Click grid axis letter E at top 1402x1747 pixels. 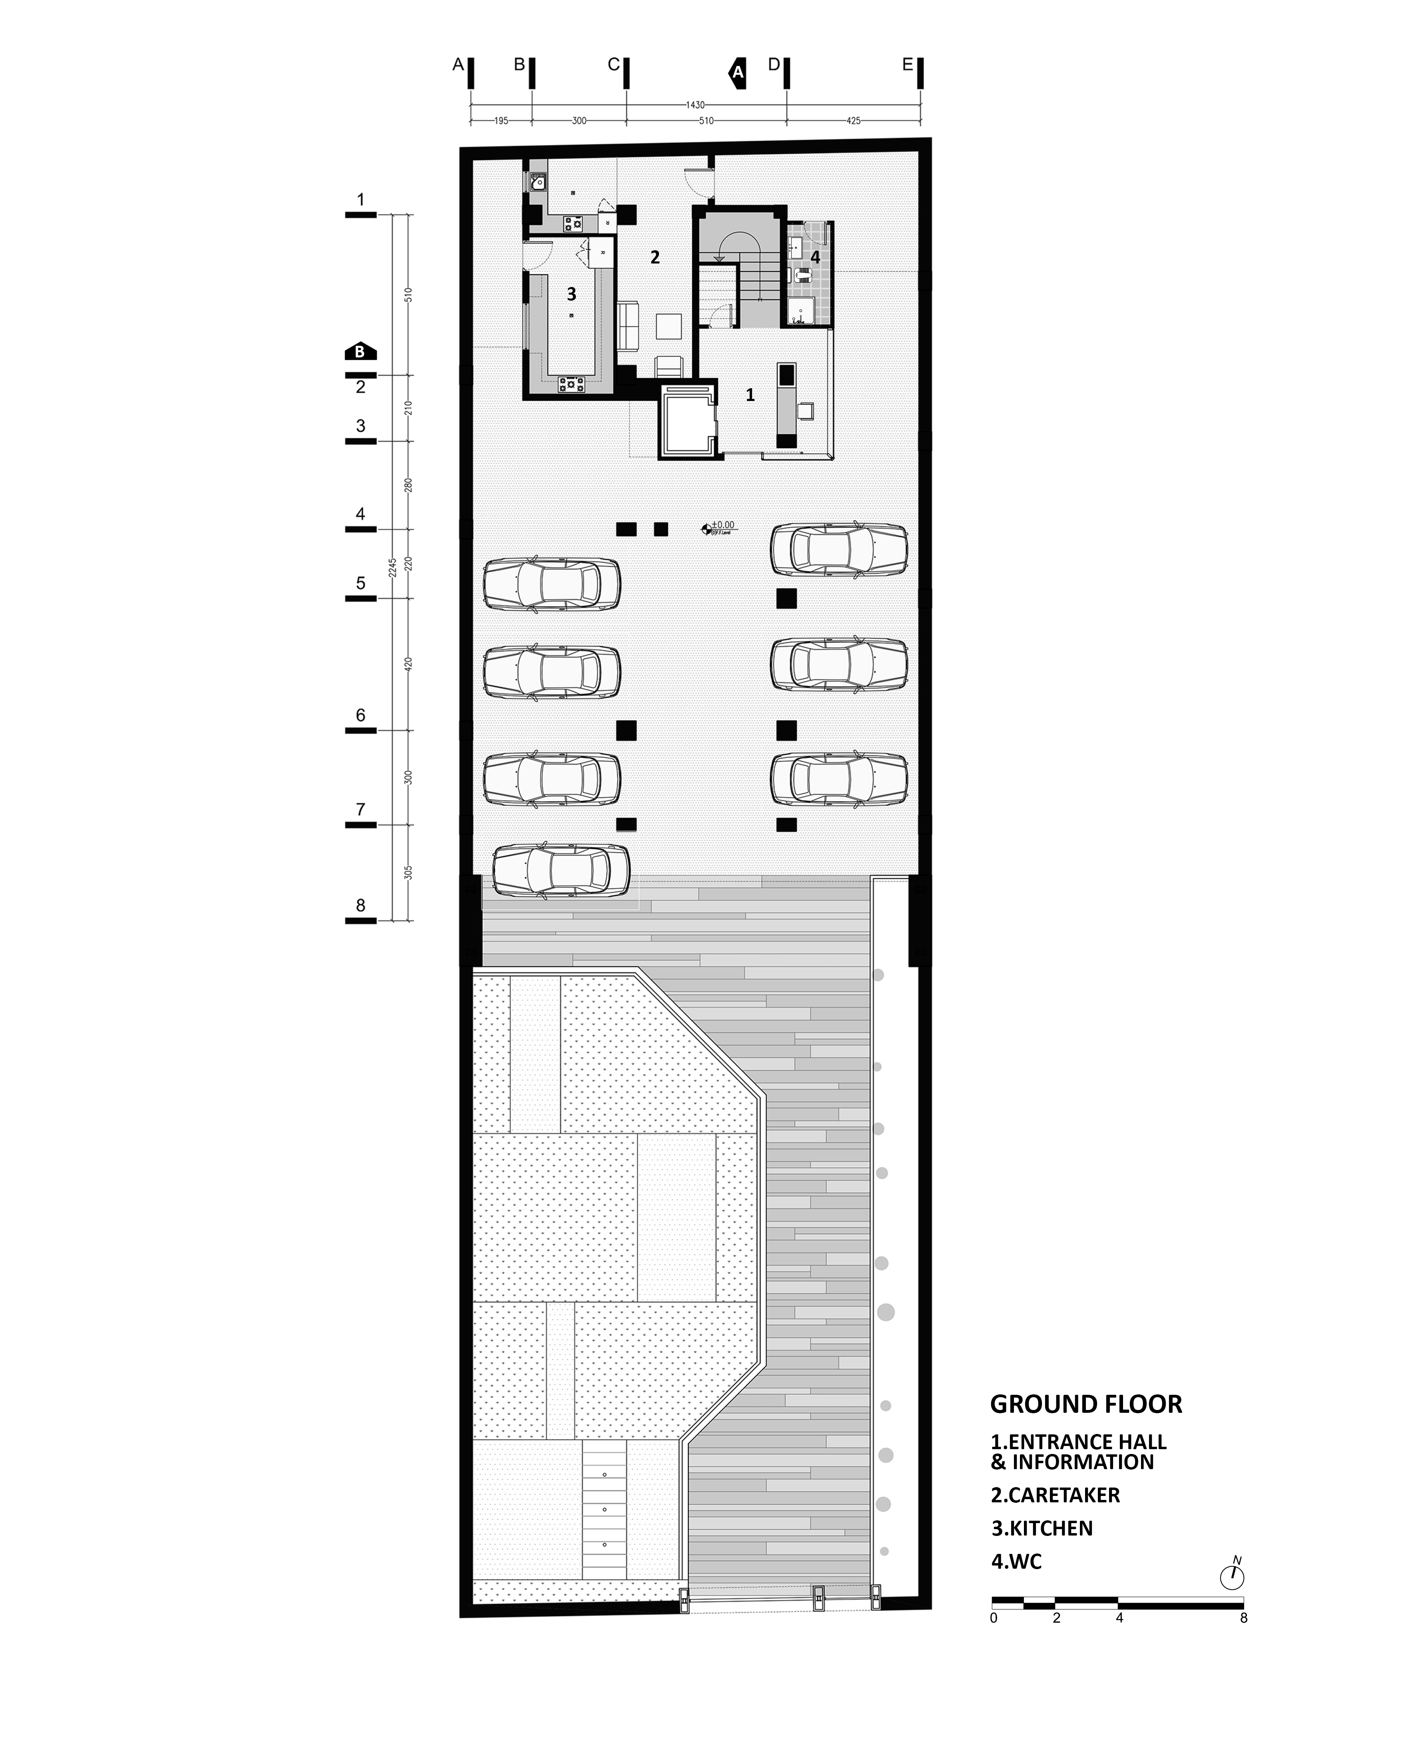907,65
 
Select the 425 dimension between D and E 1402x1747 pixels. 853,121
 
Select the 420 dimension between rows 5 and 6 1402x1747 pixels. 408,664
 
